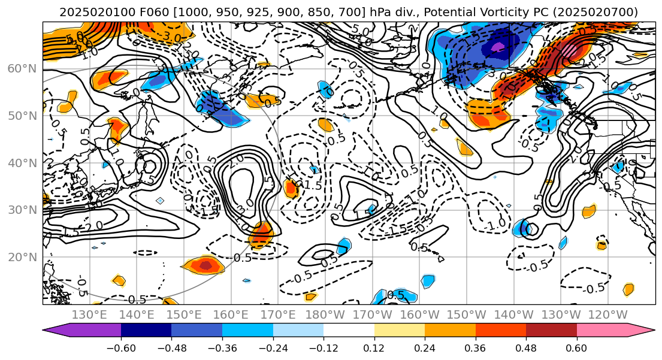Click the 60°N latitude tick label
pyautogui.click(x=22, y=68)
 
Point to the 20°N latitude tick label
pyautogui.click(x=22, y=257)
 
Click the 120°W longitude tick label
pyautogui.click(x=609, y=314)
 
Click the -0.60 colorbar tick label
pyautogui.click(x=121, y=348)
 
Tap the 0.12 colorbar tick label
pyautogui.click(x=374, y=348)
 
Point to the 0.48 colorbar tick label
pyautogui.click(x=526, y=348)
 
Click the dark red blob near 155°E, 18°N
pyautogui.click(x=205, y=264)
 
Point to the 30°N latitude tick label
pyautogui.click(x=22, y=210)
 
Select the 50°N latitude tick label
pyautogui.click(x=22, y=116)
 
